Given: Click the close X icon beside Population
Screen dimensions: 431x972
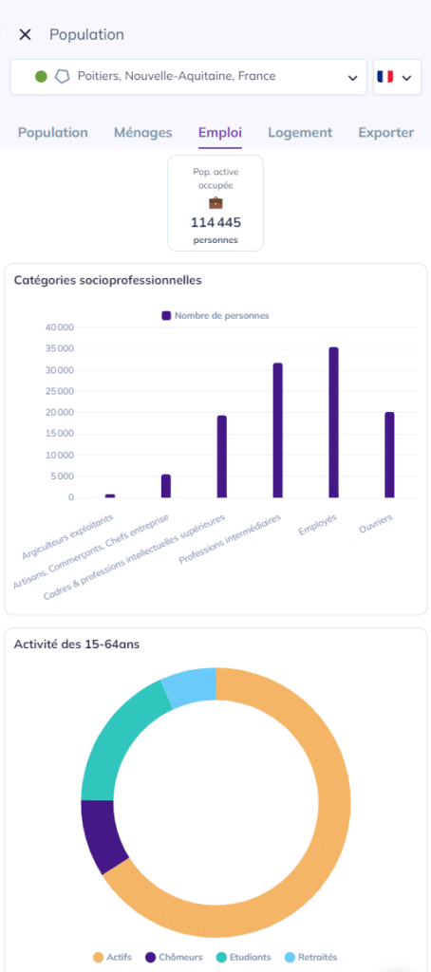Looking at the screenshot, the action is (x=25, y=35).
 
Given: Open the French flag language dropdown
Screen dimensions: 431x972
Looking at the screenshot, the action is (x=397, y=77).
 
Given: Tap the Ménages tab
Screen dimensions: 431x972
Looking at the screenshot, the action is (x=143, y=132).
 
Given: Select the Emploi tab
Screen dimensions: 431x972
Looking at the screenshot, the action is (x=220, y=132).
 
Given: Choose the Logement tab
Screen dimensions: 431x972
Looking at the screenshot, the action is (x=300, y=132).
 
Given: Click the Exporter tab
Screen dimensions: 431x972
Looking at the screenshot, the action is (x=385, y=132).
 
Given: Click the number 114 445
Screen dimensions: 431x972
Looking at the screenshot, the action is (x=215, y=222).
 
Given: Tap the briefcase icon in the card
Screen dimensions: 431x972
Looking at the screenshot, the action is (x=215, y=203).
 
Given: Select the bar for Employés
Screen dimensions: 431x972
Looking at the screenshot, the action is (x=333, y=422).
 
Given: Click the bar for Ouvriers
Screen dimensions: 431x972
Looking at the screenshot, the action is (x=389, y=455).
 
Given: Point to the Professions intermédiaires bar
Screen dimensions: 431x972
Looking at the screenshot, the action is (x=278, y=430).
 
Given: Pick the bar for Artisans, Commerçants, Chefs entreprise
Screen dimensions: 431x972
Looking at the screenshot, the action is (x=166, y=486).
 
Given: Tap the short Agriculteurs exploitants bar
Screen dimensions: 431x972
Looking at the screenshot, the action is (x=110, y=495).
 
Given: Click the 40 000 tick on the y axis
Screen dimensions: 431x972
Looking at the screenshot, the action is (x=60, y=327).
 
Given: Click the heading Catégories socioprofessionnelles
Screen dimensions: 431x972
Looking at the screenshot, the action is (x=108, y=280).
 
